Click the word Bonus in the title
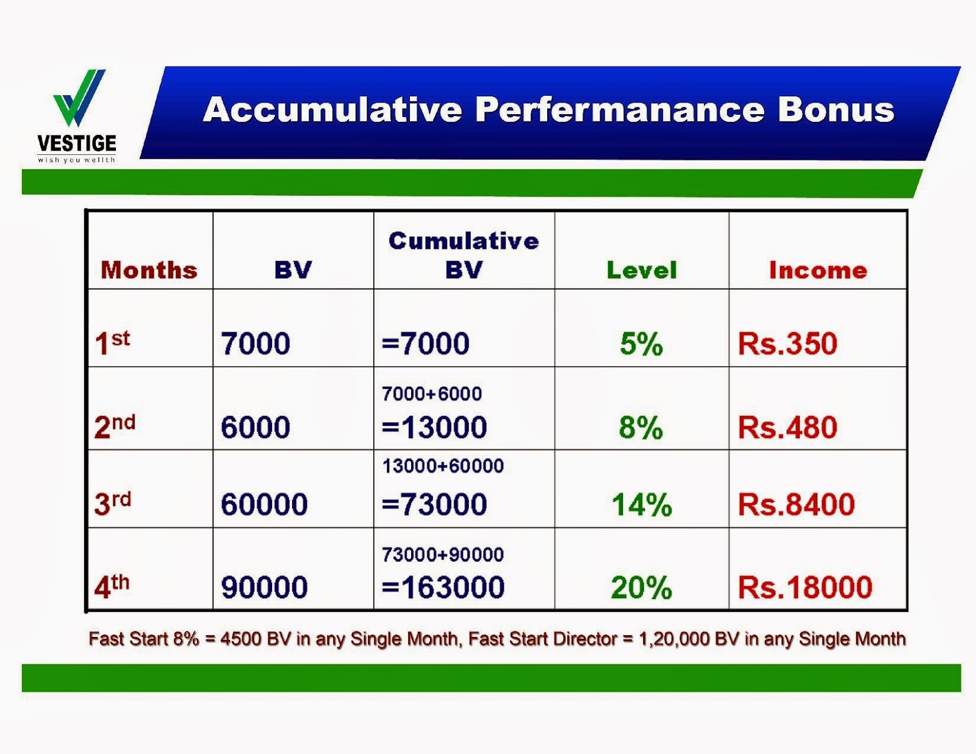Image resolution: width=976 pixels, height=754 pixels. coord(836,110)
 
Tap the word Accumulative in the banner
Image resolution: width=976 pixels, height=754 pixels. coord(332,110)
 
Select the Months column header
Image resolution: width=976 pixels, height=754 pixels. coord(149,270)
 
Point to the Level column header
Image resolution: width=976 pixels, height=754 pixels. coord(641,270)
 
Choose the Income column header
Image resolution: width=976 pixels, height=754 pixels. coord(818,270)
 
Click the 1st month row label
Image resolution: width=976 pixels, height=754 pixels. coord(112,343)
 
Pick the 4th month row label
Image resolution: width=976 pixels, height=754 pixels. coord(112,586)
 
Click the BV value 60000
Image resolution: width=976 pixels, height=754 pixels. coord(264,504)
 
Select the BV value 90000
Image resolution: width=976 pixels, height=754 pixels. coord(264,587)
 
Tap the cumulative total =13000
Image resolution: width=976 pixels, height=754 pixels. coord(434,426)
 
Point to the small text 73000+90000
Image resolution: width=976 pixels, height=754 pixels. coord(443,555)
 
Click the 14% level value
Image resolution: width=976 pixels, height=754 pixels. coord(642,504)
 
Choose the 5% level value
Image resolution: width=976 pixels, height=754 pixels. coord(641,344)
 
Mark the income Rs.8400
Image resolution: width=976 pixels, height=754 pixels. coord(796,504)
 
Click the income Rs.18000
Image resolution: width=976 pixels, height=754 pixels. coord(805,587)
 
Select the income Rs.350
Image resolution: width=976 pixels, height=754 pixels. coord(788,343)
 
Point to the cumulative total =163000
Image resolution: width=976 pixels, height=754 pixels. coord(443,587)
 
